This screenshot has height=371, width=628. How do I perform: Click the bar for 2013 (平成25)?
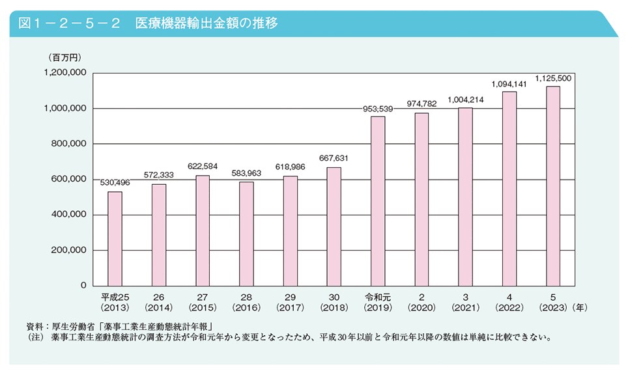pyautogui.click(x=115, y=238)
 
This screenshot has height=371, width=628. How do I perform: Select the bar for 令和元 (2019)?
pyautogui.click(x=377, y=200)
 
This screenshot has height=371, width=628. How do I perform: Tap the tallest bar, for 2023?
pyautogui.click(x=552, y=185)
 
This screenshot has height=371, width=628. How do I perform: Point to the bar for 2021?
pyautogui.click(x=465, y=196)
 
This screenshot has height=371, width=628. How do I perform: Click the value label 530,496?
pyautogui.click(x=115, y=182)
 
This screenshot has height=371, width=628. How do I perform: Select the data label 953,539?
pyautogui.click(x=378, y=108)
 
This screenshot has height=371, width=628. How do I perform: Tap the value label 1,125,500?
pyautogui.click(x=553, y=78)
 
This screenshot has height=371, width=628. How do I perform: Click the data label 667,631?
pyautogui.click(x=334, y=158)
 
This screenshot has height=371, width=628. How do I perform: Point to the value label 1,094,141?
pyautogui.click(x=509, y=83)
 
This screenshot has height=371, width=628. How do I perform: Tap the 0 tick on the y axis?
pyautogui.click(x=83, y=286)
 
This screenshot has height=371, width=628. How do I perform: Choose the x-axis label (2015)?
pyautogui.click(x=202, y=306)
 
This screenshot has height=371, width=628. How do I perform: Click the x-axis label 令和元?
pyautogui.click(x=377, y=297)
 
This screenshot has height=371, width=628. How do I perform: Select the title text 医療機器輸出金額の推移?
pyautogui.click(x=207, y=23)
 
